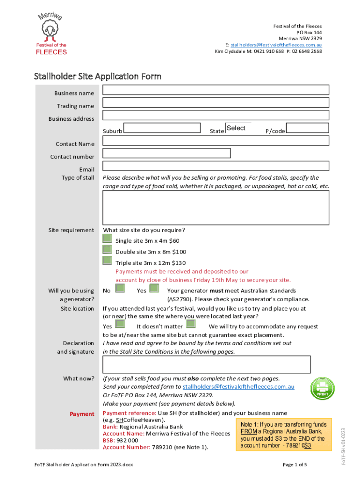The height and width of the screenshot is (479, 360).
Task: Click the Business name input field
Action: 216,90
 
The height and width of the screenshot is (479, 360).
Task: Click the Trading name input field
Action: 216,102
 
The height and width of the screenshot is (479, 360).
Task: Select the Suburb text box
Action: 162,128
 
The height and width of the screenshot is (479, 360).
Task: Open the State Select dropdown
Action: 238,128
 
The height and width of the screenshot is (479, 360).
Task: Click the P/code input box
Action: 307,128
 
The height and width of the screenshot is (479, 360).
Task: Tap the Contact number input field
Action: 166,153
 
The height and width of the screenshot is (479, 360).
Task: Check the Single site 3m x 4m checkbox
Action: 108,239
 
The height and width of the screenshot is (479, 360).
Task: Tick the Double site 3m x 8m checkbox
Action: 108,249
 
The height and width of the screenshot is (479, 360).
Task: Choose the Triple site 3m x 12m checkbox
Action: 108,260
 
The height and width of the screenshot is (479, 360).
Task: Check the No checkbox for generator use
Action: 120,288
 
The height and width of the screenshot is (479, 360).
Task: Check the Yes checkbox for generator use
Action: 154,288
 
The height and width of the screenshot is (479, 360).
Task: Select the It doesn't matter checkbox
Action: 190,324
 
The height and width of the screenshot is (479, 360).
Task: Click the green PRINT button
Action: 323,388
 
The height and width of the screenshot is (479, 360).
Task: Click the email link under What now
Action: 238,387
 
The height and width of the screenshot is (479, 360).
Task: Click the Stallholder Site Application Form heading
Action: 98,76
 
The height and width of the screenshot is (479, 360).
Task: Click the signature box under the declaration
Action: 206,364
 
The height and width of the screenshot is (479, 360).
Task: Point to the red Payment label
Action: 82,414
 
